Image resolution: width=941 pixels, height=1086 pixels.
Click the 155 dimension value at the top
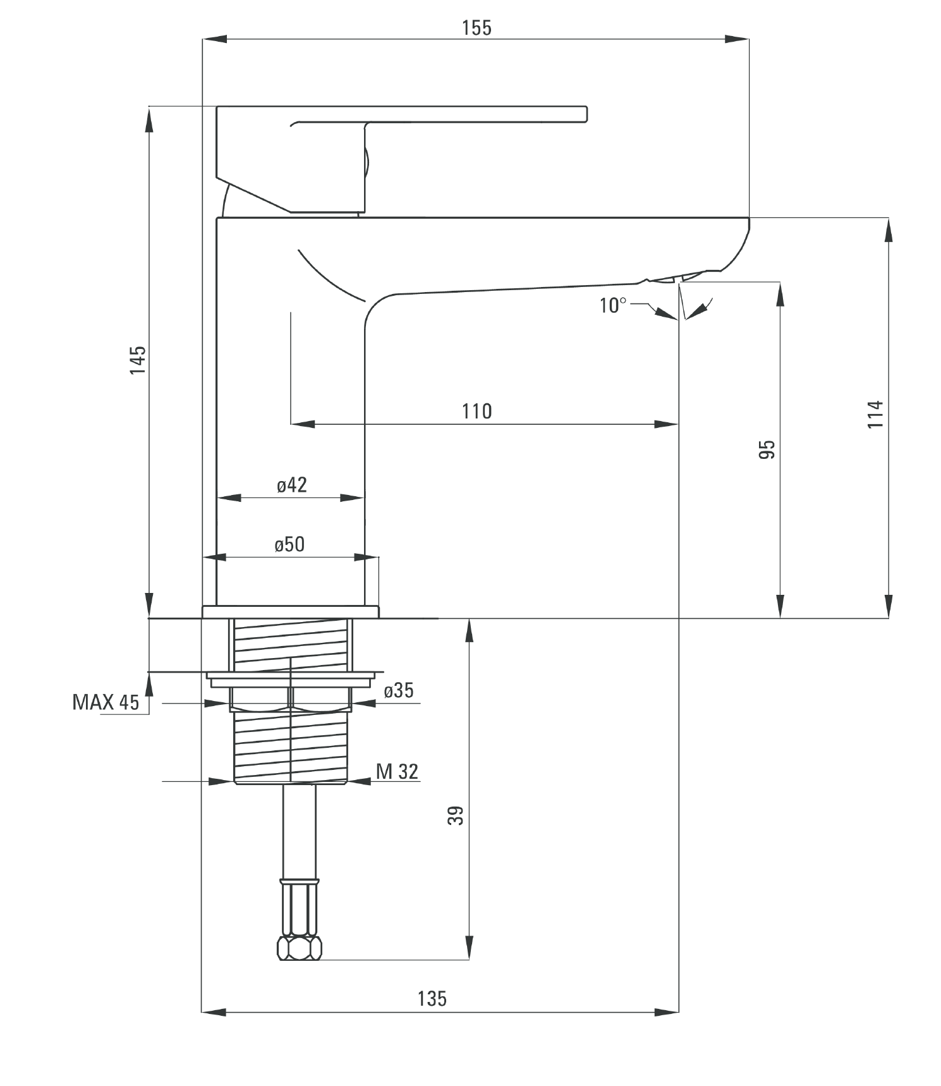coord(476,28)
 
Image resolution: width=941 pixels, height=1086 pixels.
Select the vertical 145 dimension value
coord(138,360)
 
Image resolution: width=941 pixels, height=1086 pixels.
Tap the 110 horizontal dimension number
coord(477,412)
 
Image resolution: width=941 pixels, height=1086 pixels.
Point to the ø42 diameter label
coord(291,485)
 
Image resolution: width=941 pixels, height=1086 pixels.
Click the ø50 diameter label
coord(289,544)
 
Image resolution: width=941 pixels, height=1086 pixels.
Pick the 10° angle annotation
coord(612,305)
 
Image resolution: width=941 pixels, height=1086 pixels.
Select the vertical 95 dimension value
coord(767,449)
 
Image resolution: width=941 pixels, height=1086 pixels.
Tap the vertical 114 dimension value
coord(875,414)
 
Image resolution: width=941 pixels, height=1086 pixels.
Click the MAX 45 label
coord(106,702)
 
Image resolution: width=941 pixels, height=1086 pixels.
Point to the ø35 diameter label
coord(399,690)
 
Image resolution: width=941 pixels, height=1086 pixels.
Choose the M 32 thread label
coord(397,771)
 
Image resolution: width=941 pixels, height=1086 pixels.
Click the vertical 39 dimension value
coord(456,815)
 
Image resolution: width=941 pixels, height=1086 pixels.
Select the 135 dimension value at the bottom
coord(432,999)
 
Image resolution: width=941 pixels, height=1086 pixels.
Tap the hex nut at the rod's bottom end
coord(300,948)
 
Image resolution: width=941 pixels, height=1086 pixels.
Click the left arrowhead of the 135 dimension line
coord(213,1012)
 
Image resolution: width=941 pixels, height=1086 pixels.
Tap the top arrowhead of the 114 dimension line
coord(889,229)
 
